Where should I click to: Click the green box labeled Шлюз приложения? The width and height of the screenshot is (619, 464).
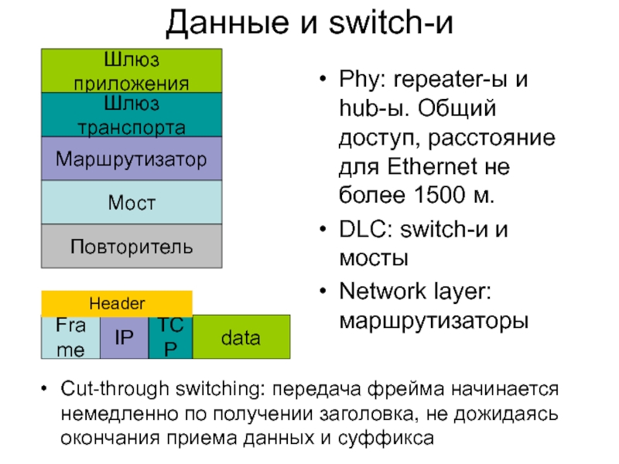[132, 70]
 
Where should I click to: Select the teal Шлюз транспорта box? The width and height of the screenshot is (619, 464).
[132, 114]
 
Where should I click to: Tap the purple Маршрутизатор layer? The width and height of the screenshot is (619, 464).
[132, 159]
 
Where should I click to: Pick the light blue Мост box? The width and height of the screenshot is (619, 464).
[132, 203]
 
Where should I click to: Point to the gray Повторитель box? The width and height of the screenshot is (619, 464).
[132, 247]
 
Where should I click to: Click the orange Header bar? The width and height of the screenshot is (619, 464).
[117, 303]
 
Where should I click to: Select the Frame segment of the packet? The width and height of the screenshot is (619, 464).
[70, 338]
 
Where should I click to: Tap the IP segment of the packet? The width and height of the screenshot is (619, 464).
[124, 338]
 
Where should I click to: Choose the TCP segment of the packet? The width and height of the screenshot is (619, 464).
[170, 338]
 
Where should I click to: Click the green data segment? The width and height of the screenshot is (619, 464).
[241, 338]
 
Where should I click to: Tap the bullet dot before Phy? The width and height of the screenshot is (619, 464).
[322, 80]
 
